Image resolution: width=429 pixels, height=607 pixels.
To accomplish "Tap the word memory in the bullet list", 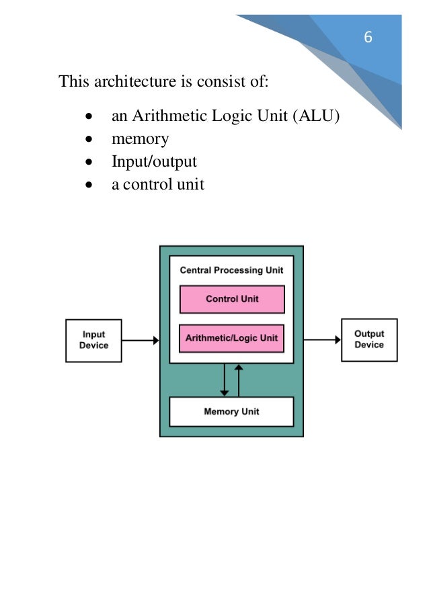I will click(x=140, y=139).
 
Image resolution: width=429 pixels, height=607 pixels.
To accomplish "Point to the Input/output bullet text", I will click(x=154, y=161).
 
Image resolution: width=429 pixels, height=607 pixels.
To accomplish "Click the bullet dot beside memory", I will click(x=89, y=140).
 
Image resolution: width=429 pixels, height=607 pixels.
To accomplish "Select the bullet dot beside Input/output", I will click(x=89, y=162).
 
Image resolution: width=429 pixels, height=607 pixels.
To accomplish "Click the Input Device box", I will click(x=93, y=340).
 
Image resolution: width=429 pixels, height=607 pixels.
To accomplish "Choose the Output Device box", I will click(x=369, y=339).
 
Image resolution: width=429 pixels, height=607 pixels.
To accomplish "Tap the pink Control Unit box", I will click(x=232, y=299).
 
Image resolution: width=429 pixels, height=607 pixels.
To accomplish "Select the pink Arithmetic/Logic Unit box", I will click(x=232, y=338).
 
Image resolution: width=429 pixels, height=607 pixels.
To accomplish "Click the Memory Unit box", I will click(x=231, y=411).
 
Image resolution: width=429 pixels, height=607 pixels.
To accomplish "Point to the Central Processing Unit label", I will click(x=231, y=270).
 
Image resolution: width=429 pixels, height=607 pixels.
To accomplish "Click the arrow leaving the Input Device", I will click(x=141, y=340).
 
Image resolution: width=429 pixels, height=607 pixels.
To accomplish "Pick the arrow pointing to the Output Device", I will click(x=322, y=340).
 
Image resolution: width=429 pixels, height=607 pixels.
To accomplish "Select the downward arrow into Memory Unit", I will click(x=224, y=380).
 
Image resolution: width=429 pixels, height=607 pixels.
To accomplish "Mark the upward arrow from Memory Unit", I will click(x=239, y=380).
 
